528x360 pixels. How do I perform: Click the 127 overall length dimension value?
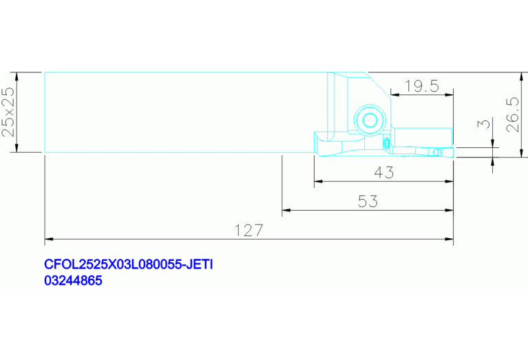click(249, 231)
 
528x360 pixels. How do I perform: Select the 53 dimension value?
click(368, 202)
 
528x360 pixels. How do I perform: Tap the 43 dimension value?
click(384, 172)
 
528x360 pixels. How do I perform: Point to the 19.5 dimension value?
click(422, 86)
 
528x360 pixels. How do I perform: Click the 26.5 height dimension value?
click(513, 114)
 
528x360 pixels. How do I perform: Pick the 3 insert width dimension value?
click(484, 124)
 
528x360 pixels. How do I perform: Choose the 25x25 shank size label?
click(8, 112)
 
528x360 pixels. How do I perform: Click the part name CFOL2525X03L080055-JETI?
click(128, 264)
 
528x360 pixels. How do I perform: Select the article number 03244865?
click(73, 280)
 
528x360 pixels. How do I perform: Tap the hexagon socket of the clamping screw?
click(370, 120)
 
